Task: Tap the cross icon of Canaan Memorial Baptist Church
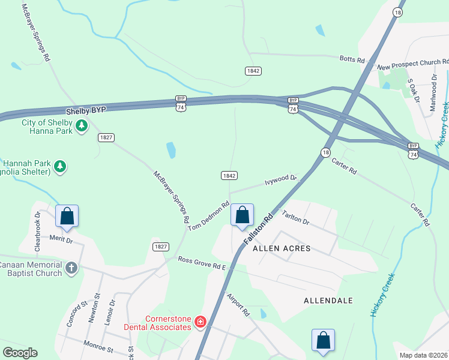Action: pyautogui.click(x=71, y=268)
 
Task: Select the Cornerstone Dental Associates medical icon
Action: pyautogui.click(x=200, y=323)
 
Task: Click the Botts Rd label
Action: pyautogui.click(x=352, y=60)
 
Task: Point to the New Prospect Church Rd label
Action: pyautogui.click(x=412, y=62)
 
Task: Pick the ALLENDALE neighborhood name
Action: pyautogui.click(x=328, y=300)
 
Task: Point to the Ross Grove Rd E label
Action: pyautogui.click(x=201, y=263)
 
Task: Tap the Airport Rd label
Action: pyautogui.click(x=238, y=304)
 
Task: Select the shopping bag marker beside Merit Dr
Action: pyautogui.click(x=67, y=216)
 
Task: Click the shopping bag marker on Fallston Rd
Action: pyautogui.click(x=242, y=215)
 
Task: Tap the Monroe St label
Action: pyautogui.click(x=98, y=347)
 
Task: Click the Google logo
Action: pyautogui.click(x=20, y=352)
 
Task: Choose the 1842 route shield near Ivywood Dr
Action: pyautogui.click(x=229, y=175)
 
